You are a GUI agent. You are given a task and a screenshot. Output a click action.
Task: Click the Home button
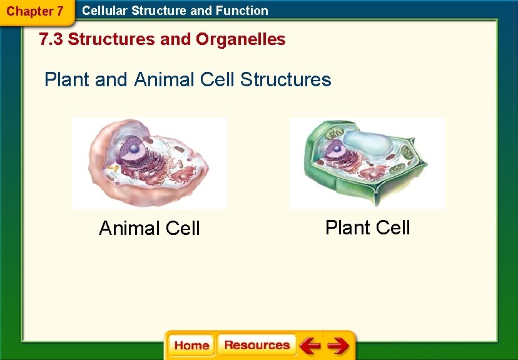click(x=191, y=346)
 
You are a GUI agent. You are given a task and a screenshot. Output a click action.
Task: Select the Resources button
click(x=256, y=345)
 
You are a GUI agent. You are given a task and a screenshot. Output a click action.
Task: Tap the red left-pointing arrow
click(x=309, y=346)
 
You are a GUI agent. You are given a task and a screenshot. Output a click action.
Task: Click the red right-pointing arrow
click(x=338, y=346)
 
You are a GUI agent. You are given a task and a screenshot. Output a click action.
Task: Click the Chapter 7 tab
click(x=35, y=11)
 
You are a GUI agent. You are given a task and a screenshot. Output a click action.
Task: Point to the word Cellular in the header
click(x=105, y=11)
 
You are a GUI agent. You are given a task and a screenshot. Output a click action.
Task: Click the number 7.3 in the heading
click(x=52, y=39)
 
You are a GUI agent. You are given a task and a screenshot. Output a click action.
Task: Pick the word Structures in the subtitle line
click(x=285, y=80)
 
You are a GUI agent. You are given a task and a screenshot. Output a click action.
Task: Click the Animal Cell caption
click(x=150, y=229)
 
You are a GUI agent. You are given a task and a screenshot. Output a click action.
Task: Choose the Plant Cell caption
click(x=367, y=228)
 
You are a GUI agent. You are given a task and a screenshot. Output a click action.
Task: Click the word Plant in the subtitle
click(x=68, y=80)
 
